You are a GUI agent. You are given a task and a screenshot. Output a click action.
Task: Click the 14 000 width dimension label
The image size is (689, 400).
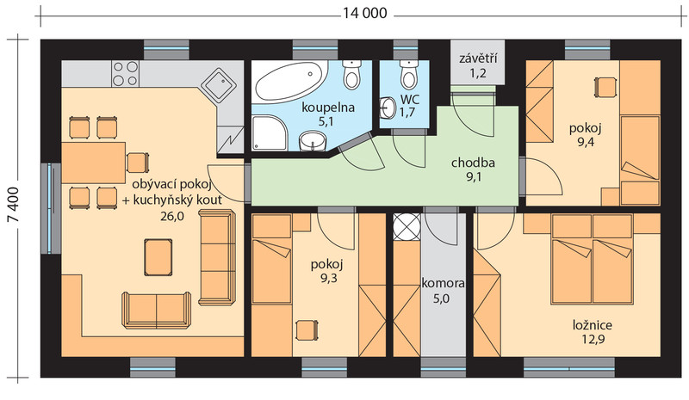[364, 13]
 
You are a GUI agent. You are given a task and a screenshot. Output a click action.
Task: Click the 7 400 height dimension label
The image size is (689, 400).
[14, 205]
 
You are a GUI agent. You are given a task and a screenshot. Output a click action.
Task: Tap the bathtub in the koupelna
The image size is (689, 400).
[291, 81]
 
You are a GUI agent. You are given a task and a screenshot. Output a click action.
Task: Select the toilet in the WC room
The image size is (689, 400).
[408, 74]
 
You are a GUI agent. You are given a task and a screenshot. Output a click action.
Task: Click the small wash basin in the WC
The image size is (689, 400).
[388, 108]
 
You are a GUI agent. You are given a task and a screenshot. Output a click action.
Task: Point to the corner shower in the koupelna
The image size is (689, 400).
[270, 132]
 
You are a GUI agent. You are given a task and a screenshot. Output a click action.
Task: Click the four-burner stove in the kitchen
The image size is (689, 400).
[125, 73]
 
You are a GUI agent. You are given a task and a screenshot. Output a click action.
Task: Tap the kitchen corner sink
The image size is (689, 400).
[219, 87]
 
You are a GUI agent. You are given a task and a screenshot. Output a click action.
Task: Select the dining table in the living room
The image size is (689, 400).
[93, 163]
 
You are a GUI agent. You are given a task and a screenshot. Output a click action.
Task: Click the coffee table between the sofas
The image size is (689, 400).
[158, 257]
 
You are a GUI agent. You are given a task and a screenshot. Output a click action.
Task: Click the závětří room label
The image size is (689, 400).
[478, 58]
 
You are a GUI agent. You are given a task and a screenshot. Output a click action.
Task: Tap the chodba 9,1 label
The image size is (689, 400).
[473, 169]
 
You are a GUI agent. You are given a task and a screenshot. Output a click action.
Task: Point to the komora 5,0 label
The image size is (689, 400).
[443, 291]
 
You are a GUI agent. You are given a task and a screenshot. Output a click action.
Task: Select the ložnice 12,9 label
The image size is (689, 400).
[593, 332]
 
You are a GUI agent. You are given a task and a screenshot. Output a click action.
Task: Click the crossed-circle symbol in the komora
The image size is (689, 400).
[407, 227]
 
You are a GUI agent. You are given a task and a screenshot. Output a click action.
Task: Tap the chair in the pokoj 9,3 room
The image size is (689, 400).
[307, 329]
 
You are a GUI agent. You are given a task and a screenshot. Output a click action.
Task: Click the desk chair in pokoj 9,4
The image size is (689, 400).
[605, 87]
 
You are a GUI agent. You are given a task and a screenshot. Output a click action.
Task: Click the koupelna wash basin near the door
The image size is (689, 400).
[313, 141]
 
